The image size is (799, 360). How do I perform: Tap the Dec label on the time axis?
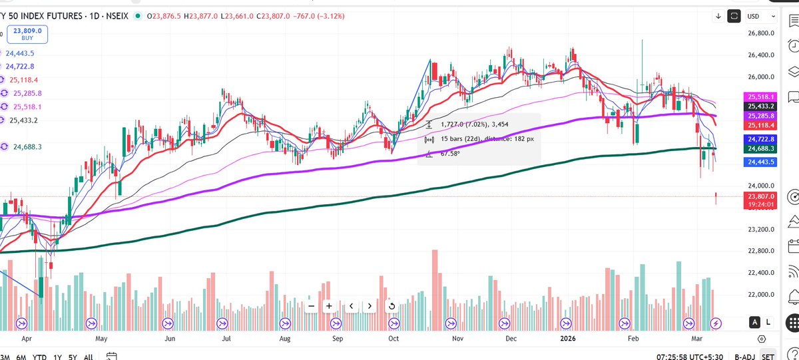pyautogui.click(x=511, y=338)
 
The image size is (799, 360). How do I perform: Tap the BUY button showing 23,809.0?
pyautogui.click(x=28, y=34)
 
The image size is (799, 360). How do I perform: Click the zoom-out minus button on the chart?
pyautogui.click(x=310, y=306)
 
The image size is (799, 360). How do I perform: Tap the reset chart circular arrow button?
pyautogui.click(x=392, y=306)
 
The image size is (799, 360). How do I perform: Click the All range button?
pyautogui.click(x=88, y=357)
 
